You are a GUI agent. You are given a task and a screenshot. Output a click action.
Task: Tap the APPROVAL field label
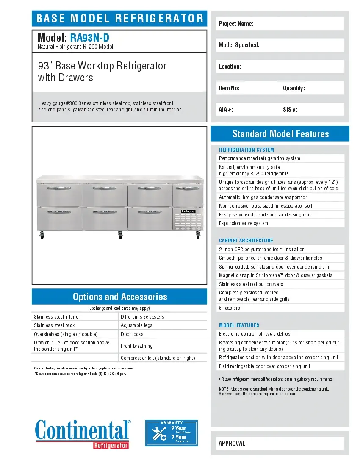click(233, 444)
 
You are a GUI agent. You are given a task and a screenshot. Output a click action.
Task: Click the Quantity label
click(294, 88)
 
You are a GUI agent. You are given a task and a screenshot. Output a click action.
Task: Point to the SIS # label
click(290, 110)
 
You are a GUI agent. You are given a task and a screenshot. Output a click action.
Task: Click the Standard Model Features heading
click(280, 134)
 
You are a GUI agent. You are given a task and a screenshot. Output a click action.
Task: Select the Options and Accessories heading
click(119, 297)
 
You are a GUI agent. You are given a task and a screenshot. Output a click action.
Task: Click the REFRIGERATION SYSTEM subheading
click(246, 150)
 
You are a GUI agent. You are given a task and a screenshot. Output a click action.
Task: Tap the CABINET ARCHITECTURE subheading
click(246, 240)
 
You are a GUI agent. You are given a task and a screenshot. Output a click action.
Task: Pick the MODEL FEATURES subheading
click(239, 325)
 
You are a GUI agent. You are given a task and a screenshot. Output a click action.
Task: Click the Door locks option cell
click(162, 334)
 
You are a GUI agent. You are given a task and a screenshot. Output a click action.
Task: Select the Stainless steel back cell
click(75, 325)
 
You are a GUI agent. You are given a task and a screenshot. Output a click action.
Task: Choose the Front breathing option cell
click(162, 346)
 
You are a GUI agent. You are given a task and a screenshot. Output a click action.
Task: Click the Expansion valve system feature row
click(280, 223)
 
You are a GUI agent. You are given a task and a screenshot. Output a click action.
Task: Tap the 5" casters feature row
click(280, 308)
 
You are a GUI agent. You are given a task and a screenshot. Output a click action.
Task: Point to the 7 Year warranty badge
click(172, 433)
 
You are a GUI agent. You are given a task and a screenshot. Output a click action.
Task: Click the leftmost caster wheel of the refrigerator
click(42, 235)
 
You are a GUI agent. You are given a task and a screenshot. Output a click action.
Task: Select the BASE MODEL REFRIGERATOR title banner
click(119, 19)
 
